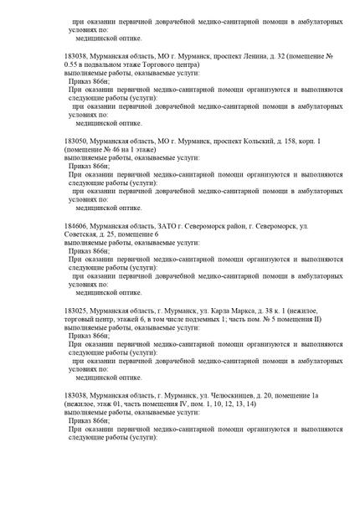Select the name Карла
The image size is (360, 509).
[x=221, y=311]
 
